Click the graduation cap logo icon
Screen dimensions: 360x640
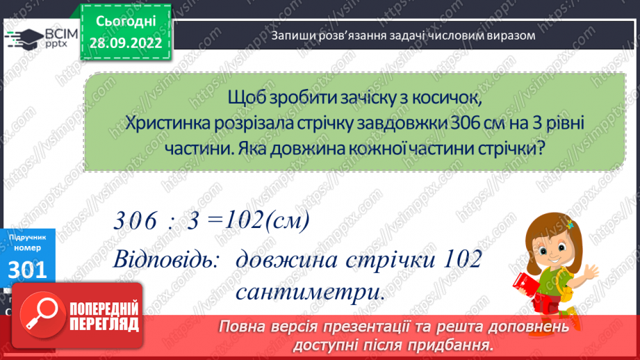click(25, 38)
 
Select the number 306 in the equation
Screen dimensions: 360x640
click(137, 222)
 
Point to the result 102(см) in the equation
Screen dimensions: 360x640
click(266, 222)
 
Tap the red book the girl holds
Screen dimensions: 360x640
click(523, 284)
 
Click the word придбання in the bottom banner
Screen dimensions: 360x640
click(461, 345)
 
